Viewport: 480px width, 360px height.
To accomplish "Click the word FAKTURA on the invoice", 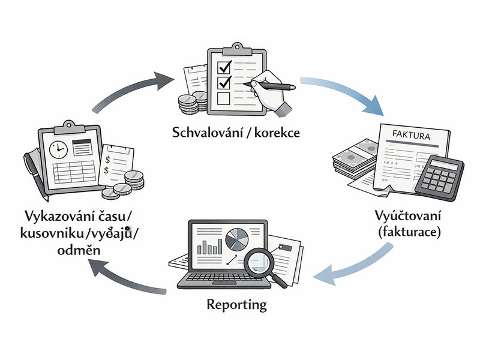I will [410, 135].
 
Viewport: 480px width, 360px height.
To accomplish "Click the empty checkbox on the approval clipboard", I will [223, 98].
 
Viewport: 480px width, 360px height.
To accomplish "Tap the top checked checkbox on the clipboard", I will [223, 65].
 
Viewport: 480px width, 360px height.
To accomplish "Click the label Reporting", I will [236, 305].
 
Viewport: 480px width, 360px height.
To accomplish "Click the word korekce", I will [278, 131].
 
